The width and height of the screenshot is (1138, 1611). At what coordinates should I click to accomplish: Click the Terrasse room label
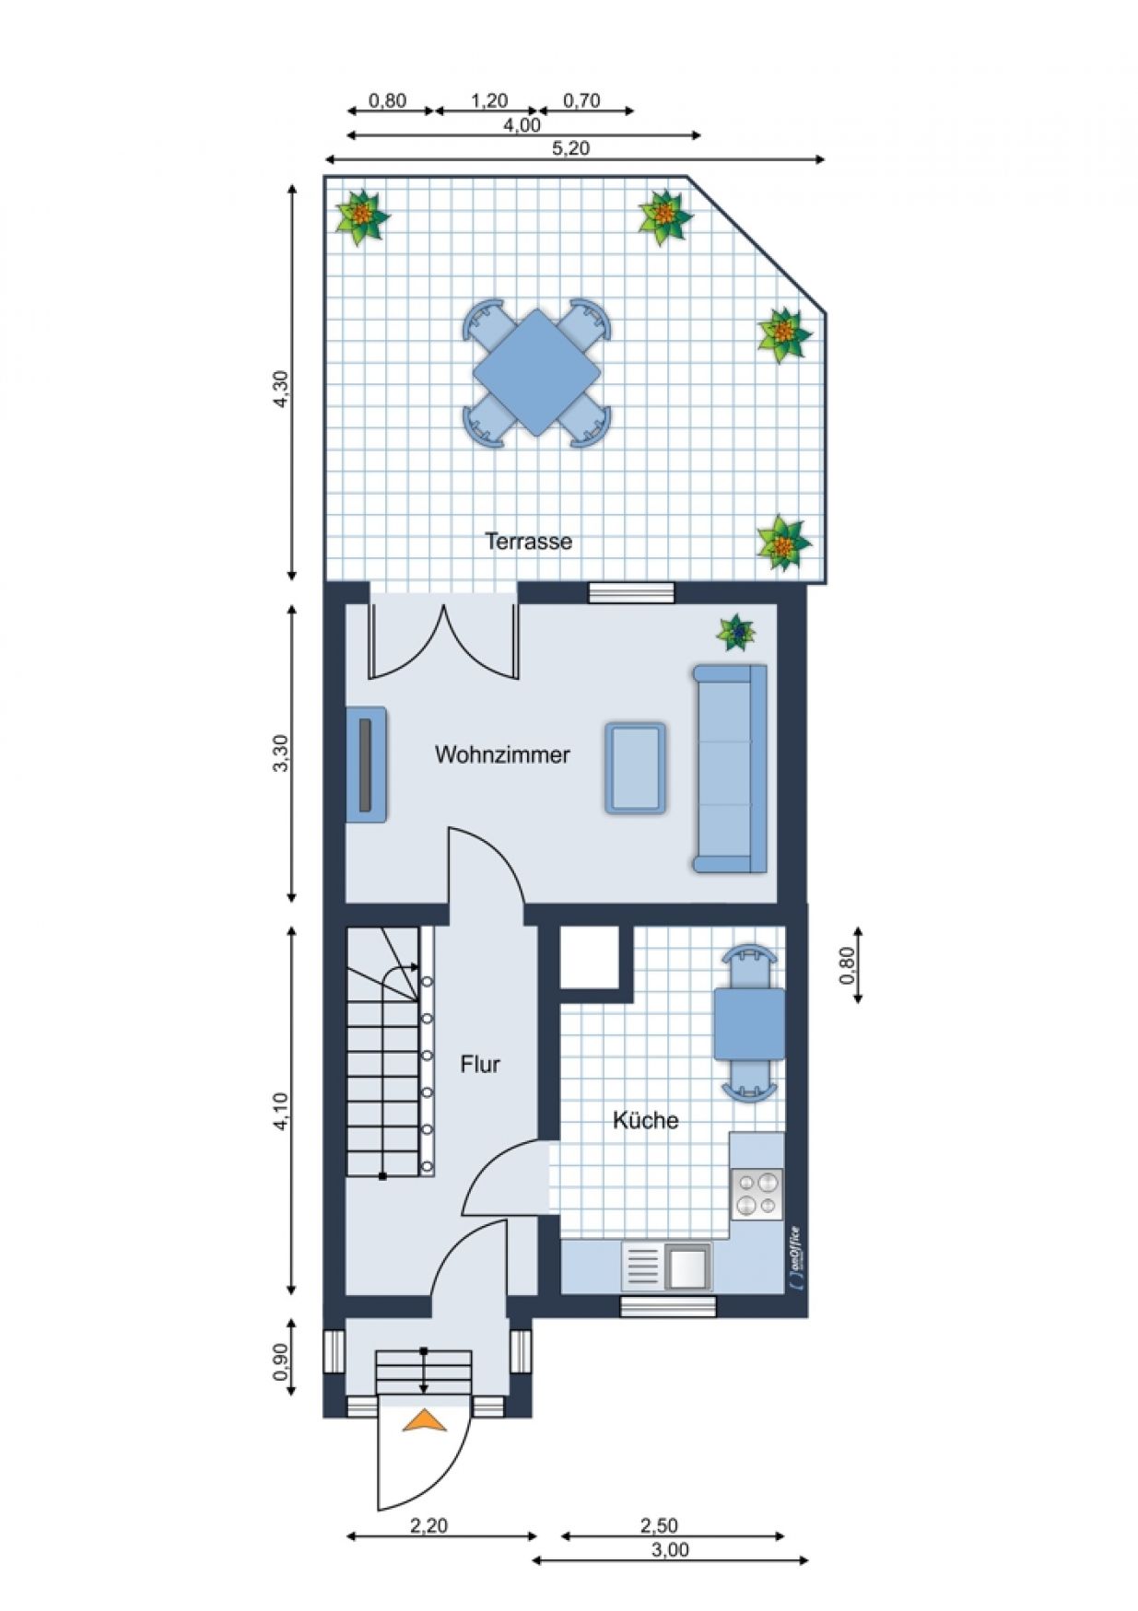pyautogui.click(x=529, y=541)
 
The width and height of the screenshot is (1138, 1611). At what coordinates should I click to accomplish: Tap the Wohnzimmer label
pyautogui.click(x=502, y=754)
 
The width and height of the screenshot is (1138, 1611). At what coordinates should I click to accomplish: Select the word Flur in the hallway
pyautogui.click(x=480, y=1064)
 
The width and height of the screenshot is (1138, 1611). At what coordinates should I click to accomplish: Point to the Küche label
pyautogui.click(x=646, y=1120)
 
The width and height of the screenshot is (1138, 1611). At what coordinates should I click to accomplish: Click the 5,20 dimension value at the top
pyautogui.click(x=571, y=147)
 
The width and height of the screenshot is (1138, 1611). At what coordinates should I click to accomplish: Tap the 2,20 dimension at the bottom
pyautogui.click(x=428, y=1525)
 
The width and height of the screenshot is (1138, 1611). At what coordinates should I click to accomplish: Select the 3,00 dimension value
pyautogui.click(x=670, y=1549)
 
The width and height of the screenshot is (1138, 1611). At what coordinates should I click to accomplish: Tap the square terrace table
pyautogui.click(x=537, y=373)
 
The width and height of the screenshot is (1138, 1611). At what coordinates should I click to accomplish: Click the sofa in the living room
pyautogui.click(x=730, y=768)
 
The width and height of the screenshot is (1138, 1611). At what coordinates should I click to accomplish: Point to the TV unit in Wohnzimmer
pyautogui.click(x=366, y=764)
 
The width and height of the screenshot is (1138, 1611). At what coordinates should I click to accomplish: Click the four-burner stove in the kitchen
pyautogui.click(x=757, y=1194)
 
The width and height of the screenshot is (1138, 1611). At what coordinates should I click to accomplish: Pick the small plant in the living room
pyautogui.click(x=736, y=633)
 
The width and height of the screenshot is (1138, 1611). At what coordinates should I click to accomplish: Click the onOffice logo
pyautogui.click(x=795, y=1258)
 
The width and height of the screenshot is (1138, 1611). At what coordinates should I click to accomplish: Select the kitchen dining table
pyautogui.click(x=749, y=1023)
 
